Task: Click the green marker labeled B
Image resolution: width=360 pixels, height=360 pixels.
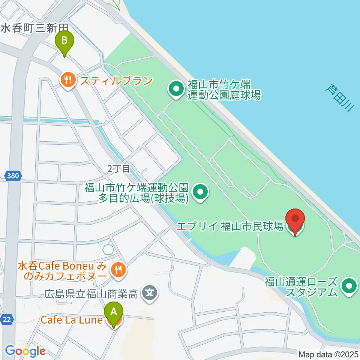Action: tap(64, 41)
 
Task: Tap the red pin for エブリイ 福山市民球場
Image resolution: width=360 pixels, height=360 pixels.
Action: tap(295, 219)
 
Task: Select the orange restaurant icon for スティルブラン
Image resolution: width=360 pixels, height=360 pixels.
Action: tap(68, 80)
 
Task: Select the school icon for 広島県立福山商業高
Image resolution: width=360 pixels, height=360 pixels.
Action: tap(150, 291)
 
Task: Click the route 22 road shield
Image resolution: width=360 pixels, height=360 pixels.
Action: tap(8, 319)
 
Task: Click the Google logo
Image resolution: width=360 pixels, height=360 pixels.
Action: tap(25, 351)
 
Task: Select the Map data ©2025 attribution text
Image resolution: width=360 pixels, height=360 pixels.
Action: tap(328, 354)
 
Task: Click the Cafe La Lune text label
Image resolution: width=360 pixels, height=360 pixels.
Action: tap(71, 320)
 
